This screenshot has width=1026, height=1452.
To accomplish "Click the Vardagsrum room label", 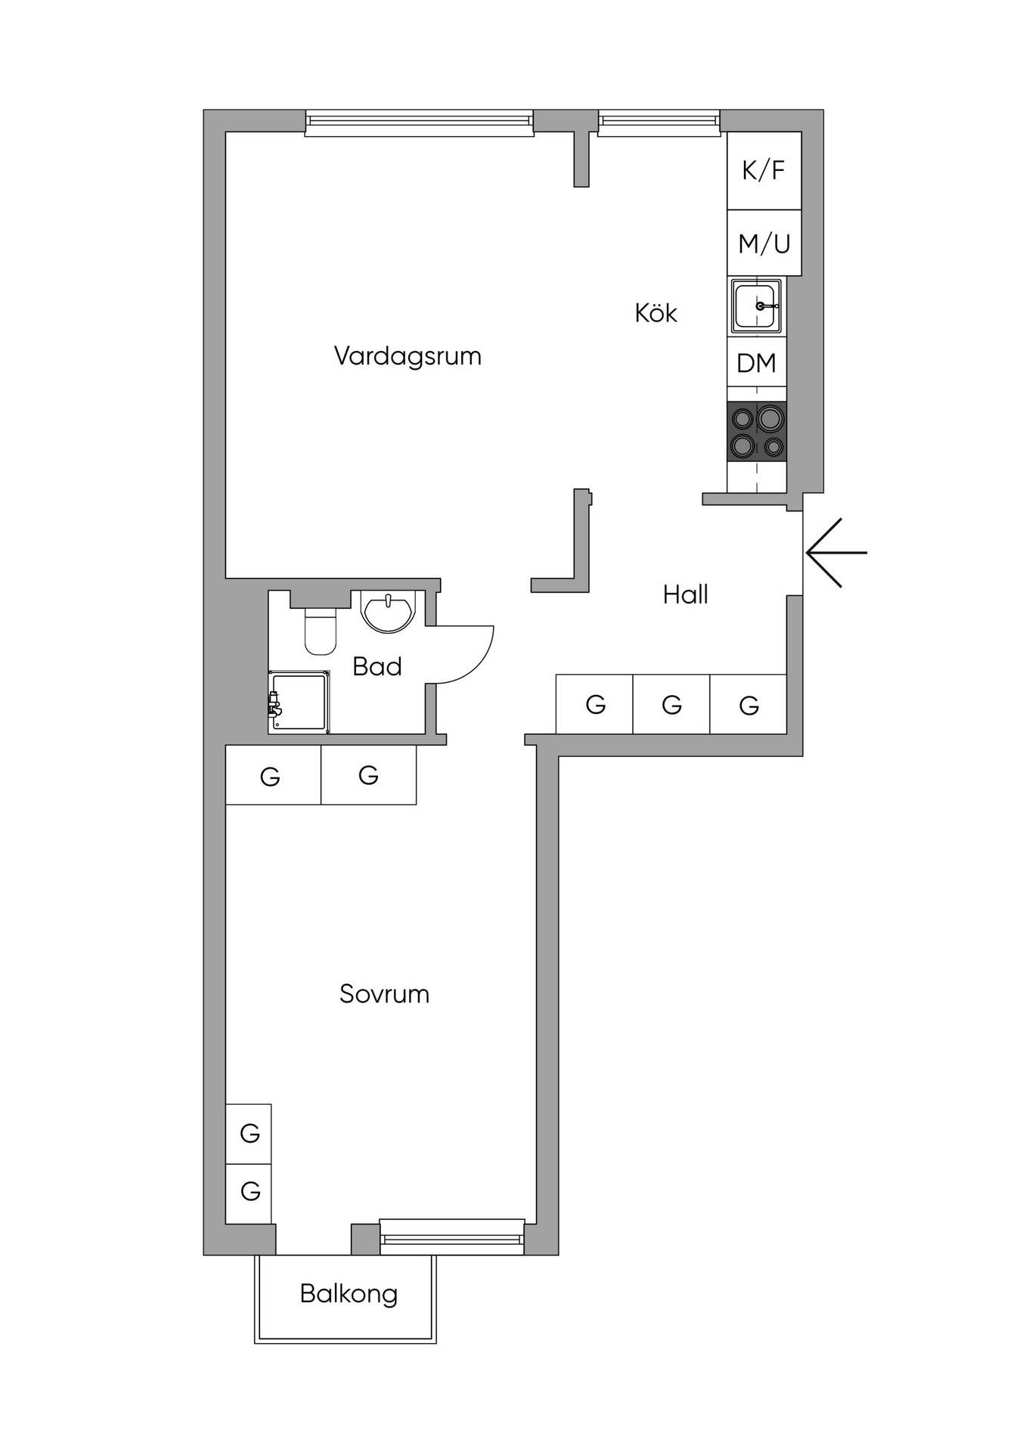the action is (x=408, y=356).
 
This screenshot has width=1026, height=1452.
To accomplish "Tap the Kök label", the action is (x=656, y=312).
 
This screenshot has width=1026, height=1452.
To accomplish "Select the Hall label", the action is (x=686, y=594).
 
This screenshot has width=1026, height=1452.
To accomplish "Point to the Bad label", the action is (x=377, y=666).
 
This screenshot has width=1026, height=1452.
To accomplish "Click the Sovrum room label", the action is (x=385, y=994).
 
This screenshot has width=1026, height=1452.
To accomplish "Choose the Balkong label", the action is (x=349, y=1294).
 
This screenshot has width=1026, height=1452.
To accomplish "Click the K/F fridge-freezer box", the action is (x=764, y=171).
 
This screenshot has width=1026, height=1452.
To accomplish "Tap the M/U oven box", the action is (x=764, y=243).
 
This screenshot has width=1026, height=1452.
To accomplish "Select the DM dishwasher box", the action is (x=757, y=363).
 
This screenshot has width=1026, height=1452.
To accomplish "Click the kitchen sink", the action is (x=756, y=306).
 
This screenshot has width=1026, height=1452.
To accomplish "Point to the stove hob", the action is (x=757, y=431).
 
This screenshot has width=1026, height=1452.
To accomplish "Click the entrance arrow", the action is (x=836, y=553).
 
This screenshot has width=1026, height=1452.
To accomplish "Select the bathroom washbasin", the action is (x=389, y=610).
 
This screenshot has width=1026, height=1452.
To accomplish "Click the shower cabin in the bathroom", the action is (x=299, y=702).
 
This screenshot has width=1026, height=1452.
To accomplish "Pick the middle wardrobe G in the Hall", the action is (x=671, y=704).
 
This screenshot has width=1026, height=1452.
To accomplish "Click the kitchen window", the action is (x=659, y=123).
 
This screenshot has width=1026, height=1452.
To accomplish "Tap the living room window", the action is (x=420, y=123).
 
